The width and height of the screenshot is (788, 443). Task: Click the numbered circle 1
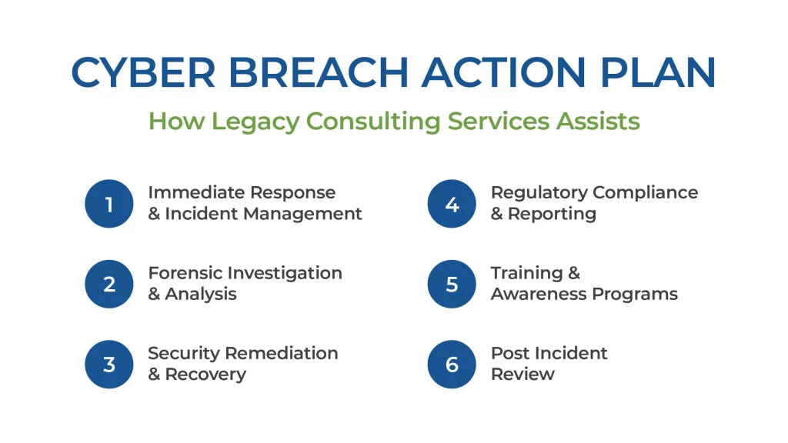109,204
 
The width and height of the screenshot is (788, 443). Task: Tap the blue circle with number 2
109,285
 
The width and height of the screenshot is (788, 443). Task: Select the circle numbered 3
109,365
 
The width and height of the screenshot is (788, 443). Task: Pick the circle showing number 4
452,204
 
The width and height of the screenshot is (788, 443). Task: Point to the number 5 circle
452,285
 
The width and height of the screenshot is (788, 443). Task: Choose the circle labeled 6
452,365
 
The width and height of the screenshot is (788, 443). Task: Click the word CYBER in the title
143,72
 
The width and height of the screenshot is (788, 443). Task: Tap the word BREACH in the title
319,72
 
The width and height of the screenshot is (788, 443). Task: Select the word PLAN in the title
658,72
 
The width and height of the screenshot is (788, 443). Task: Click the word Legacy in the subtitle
255,122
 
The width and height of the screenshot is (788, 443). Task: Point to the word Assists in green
598,121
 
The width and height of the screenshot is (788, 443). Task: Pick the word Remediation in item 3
282,353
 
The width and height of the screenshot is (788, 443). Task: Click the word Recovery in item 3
205,375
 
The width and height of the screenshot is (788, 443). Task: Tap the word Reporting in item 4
552,215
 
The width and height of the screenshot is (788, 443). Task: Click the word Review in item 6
523,375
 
